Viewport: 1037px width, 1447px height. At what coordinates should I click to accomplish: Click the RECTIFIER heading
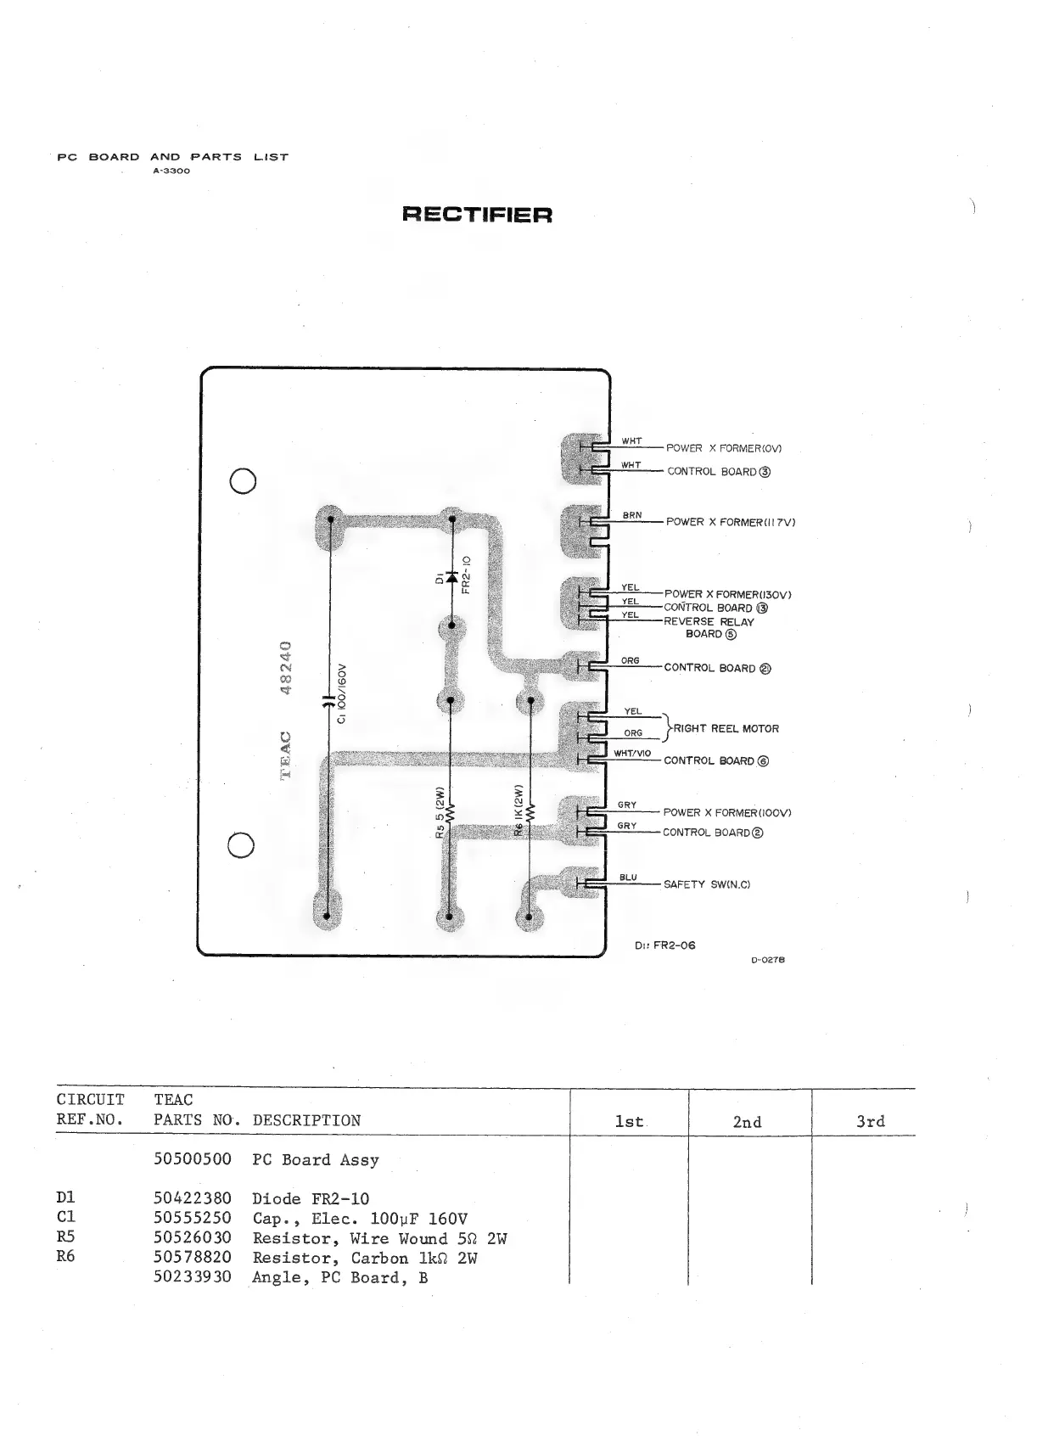click(477, 214)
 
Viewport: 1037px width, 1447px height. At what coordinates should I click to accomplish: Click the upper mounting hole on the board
click(243, 480)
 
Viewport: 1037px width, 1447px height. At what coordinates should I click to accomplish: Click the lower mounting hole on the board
click(242, 845)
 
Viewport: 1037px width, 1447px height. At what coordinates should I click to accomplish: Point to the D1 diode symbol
click(451, 577)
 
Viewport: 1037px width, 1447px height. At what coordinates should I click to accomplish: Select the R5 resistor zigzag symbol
click(451, 814)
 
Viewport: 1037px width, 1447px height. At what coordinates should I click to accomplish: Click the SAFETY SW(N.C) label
click(707, 884)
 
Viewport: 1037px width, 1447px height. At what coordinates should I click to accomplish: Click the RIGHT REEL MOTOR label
click(726, 728)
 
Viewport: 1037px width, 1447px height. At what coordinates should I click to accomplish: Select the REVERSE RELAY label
click(709, 622)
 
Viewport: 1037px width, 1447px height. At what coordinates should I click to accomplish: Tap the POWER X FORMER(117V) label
click(730, 522)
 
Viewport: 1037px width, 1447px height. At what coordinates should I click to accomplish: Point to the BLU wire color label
click(628, 878)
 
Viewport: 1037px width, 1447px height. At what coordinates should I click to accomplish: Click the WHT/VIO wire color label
click(631, 753)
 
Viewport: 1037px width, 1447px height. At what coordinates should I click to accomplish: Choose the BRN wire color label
click(631, 515)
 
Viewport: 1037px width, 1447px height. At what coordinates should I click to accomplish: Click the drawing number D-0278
click(768, 960)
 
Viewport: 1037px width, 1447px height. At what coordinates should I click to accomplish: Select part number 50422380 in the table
click(193, 1198)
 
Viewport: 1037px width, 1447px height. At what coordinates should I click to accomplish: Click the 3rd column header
click(871, 1121)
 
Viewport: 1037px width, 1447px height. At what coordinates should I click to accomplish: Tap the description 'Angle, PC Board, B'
click(339, 1277)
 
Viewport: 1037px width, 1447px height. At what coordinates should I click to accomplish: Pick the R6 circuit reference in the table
click(65, 1256)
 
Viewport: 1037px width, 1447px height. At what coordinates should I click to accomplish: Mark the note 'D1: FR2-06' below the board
click(664, 945)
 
